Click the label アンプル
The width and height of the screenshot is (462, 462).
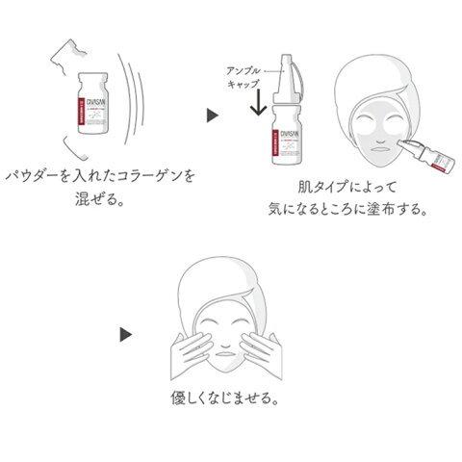(240, 70)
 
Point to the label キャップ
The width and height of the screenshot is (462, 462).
(240, 86)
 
